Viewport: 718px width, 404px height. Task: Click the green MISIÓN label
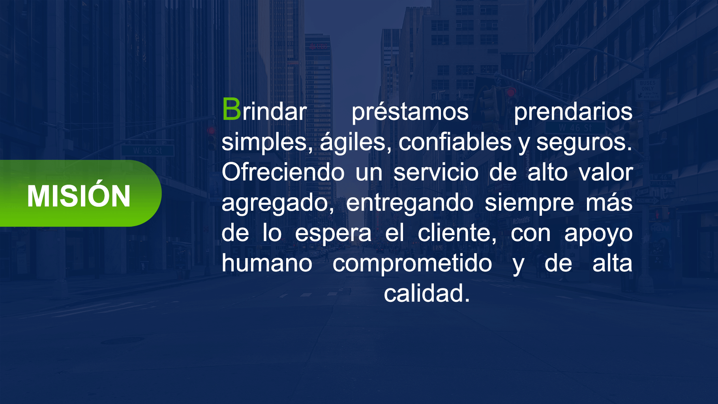click(79, 193)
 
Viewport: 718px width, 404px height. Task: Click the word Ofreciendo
click(283, 172)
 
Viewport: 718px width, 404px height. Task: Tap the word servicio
click(436, 172)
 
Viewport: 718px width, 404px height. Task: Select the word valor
click(606, 172)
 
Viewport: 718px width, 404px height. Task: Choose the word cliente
click(457, 234)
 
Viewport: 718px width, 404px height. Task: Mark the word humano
click(267, 264)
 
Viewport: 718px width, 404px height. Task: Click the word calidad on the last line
click(427, 294)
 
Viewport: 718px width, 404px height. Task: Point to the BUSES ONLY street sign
click(647, 89)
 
